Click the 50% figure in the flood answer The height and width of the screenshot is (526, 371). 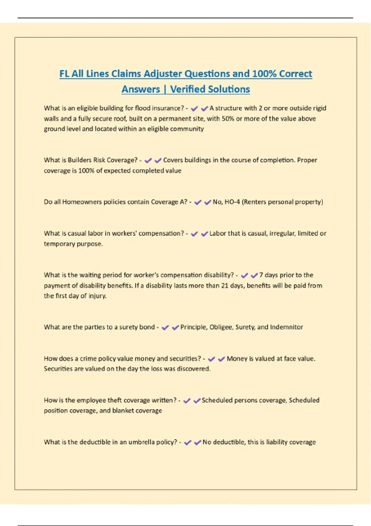pos(228,119)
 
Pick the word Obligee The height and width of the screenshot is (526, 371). pos(221,327)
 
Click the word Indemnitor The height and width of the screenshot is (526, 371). pos(286,327)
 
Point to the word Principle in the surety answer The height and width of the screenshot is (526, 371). pos(194,327)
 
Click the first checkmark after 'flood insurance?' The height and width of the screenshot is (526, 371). pos(194,109)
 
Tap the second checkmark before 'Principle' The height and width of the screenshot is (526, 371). pos(175,327)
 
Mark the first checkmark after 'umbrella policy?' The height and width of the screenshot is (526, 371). pos(187,442)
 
